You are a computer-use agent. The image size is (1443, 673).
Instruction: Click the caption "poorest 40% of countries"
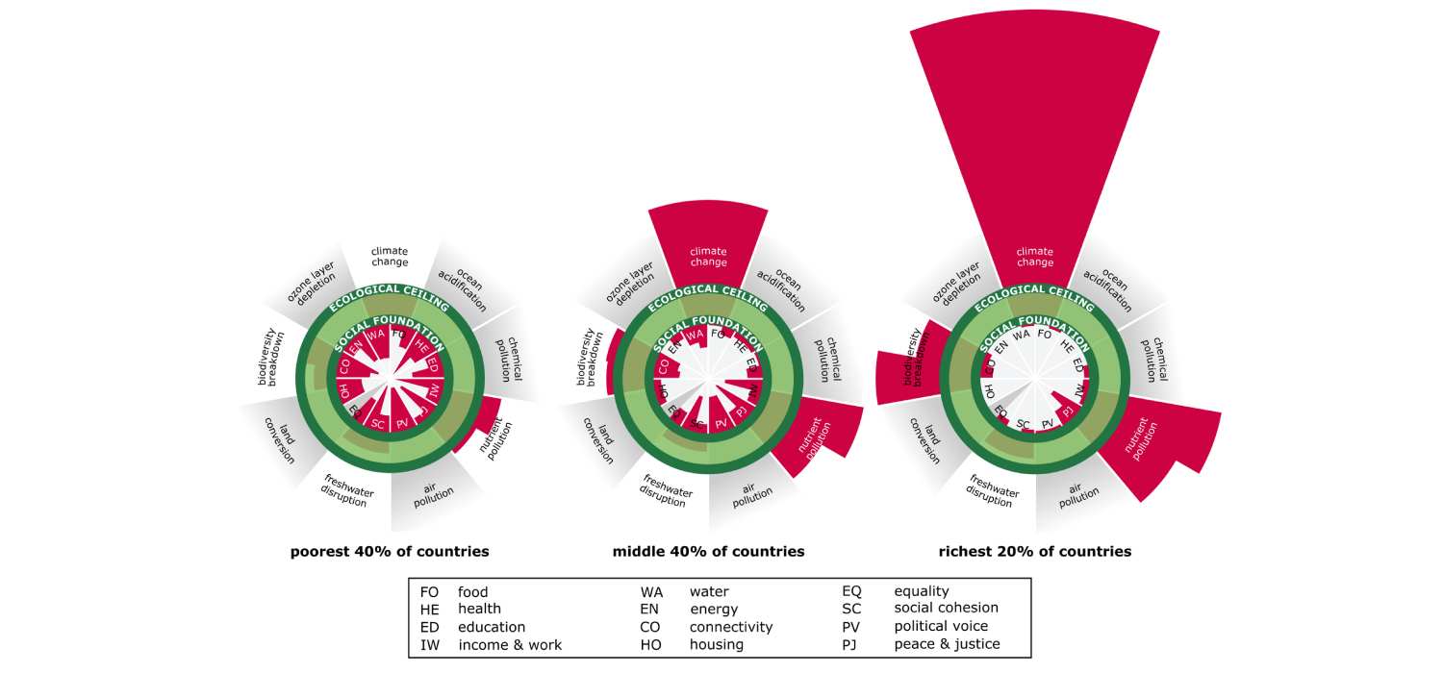pos(390,552)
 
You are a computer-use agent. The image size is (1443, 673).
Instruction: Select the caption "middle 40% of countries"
pos(708,552)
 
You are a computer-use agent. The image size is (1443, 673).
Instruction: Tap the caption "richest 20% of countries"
pos(1035,552)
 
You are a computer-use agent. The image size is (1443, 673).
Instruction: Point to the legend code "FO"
pos(429,592)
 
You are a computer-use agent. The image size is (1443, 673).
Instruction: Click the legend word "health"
pos(479,609)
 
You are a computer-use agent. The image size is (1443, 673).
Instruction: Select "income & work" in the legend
pos(510,644)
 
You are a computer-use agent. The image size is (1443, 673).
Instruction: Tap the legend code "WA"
pos(651,592)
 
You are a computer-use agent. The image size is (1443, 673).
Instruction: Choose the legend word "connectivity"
pos(731,627)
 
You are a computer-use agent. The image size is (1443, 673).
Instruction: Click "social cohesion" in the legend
pos(946,608)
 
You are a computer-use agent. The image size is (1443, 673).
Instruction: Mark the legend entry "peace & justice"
pos(947,644)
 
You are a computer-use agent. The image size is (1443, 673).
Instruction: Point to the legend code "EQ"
pos(852,592)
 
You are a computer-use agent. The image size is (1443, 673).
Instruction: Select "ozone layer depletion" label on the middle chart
pos(630,283)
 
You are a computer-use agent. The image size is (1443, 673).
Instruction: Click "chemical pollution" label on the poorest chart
pos(509,360)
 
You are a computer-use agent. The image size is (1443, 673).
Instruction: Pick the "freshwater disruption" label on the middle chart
pos(665,489)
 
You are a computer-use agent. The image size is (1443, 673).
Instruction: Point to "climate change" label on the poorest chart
pos(390,257)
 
